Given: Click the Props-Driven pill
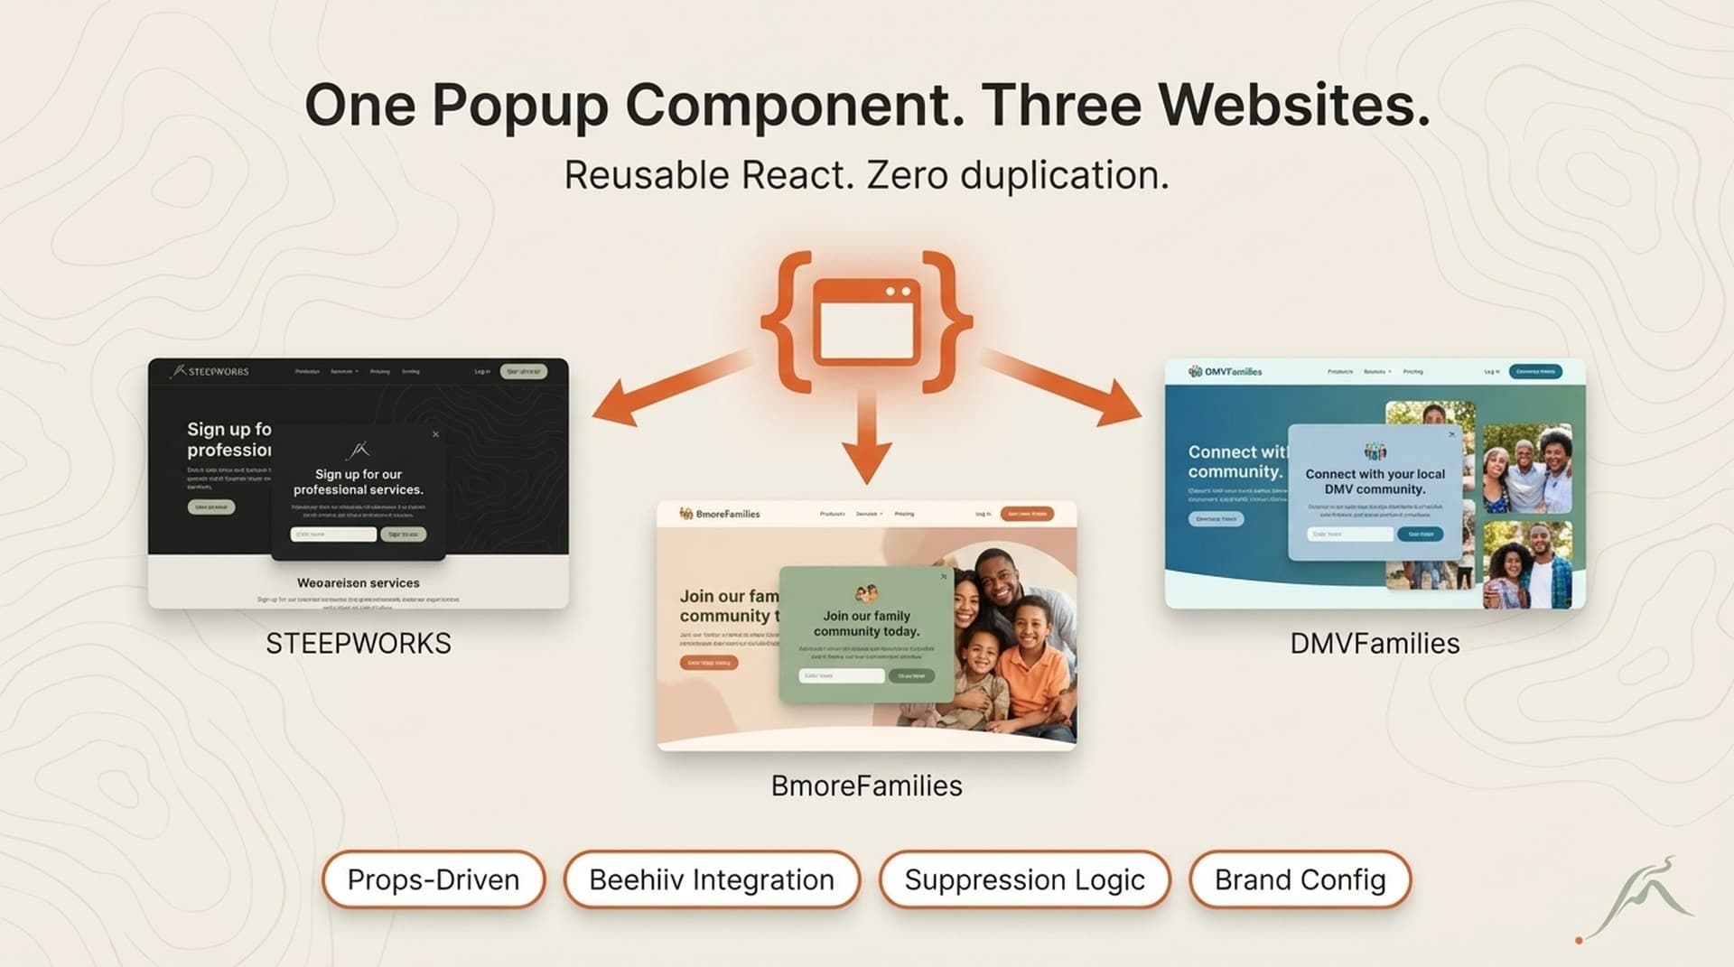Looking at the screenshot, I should click(x=433, y=879).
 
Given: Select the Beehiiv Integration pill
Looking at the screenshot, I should click(x=712, y=879).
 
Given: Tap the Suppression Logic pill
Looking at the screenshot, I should click(x=1024, y=879).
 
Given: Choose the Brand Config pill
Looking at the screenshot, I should click(x=1300, y=879).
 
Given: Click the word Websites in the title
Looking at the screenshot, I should click(x=1294, y=106).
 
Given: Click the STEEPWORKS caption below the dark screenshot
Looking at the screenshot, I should click(x=359, y=644).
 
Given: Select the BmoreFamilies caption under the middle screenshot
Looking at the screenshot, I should click(x=866, y=786).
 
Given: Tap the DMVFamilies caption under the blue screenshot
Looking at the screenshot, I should click(x=1375, y=644).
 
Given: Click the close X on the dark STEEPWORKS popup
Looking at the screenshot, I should click(x=435, y=434).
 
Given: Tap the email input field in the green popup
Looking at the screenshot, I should click(x=841, y=675).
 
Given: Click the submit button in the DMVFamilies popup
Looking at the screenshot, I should click(x=1420, y=535).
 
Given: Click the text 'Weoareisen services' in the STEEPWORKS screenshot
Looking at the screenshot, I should click(x=359, y=583).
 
